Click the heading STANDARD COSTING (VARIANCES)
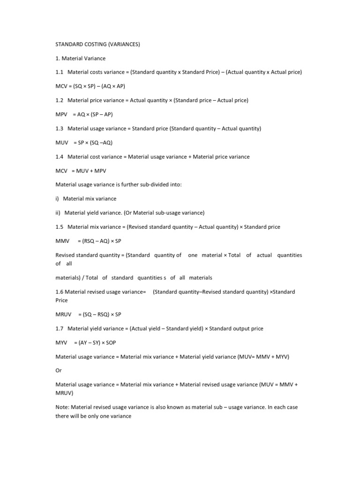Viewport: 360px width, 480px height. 97,45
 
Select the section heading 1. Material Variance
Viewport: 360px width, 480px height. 81,59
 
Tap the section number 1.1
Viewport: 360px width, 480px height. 59,72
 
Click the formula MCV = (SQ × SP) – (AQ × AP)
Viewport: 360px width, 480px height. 90,86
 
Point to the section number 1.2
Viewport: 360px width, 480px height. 59,100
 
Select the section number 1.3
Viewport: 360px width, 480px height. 59,128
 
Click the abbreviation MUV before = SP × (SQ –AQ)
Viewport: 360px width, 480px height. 62,142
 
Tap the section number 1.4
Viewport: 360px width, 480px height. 59,157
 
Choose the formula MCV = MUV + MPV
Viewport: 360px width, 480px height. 82,171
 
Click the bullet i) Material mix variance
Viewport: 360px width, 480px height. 86,199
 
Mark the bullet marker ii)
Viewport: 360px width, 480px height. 58,213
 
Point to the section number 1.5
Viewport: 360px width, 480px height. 59,227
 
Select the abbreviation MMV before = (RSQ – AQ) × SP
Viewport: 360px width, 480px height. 62,241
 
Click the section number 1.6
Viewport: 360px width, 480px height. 59,292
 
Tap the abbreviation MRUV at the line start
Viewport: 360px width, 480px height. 64,315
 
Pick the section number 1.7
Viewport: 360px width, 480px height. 59,329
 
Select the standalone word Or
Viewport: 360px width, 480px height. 58,371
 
